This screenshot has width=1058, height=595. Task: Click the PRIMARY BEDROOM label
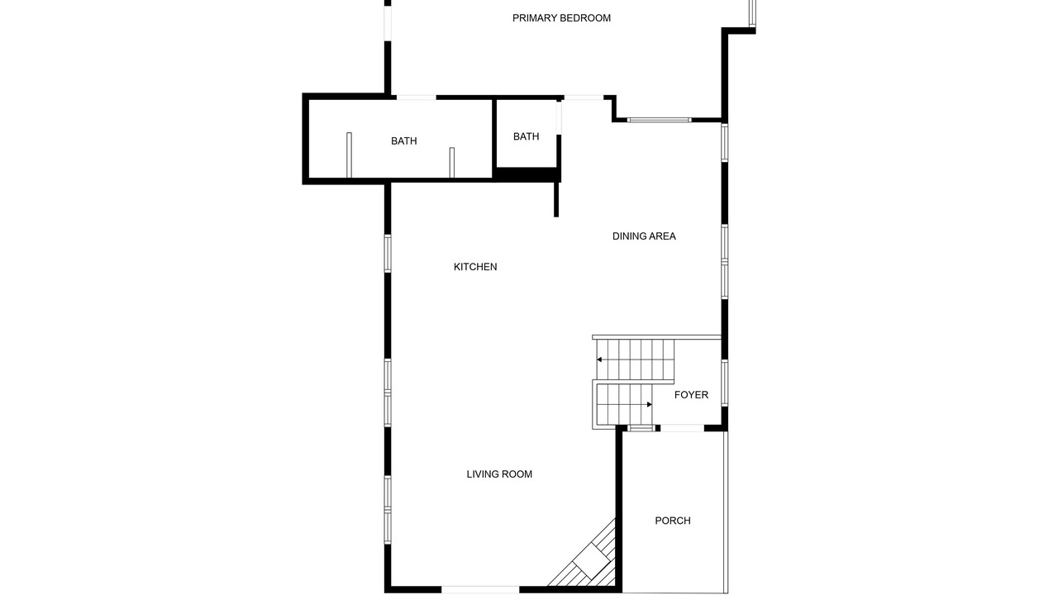click(561, 18)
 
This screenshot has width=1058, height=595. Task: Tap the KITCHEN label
click(475, 267)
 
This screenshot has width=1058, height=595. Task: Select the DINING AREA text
click(644, 236)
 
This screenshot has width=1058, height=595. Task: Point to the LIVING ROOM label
click(499, 474)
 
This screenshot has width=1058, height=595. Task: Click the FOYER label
click(691, 395)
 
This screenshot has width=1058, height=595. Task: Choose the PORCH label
click(673, 521)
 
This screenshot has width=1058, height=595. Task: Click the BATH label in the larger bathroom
click(404, 140)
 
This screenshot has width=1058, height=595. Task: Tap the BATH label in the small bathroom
click(527, 136)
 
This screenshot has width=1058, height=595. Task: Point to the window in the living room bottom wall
click(480, 590)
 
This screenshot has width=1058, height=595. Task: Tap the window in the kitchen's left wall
click(388, 254)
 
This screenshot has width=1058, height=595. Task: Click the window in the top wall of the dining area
click(660, 120)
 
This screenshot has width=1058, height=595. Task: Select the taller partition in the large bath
click(349, 155)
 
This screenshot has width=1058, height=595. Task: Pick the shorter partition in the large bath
click(452, 163)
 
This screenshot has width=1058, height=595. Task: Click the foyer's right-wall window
click(725, 383)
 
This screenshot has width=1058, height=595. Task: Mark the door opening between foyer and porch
click(682, 428)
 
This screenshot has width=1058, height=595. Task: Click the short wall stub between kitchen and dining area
click(556, 199)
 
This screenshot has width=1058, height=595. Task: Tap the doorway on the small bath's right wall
click(559, 118)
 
